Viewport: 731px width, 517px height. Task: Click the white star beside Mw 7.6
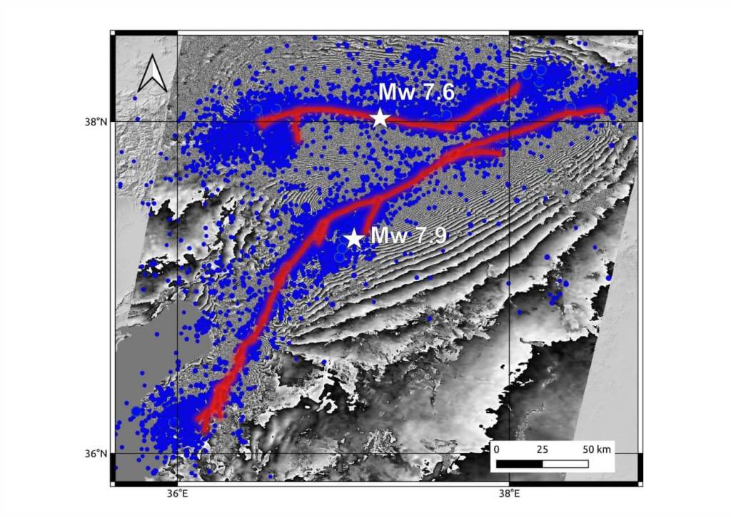[x=380, y=117]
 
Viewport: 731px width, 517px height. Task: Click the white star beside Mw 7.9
[x=353, y=237]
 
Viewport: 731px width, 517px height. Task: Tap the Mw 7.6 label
[x=416, y=92]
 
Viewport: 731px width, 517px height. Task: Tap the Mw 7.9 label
[x=409, y=235]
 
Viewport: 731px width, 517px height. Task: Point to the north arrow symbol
[x=152, y=75]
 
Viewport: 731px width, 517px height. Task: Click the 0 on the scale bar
[x=497, y=450]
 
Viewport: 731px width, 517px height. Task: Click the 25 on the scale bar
[x=542, y=450]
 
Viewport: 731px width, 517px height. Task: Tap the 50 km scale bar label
[x=597, y=450]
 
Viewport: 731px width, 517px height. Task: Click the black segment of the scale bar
[x=519, y=464]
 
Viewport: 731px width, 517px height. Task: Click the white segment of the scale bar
[x=565, y=464]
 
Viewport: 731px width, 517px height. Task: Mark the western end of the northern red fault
[x=260, y=123]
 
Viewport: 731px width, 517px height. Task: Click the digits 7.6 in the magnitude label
[x=436, y=92]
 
